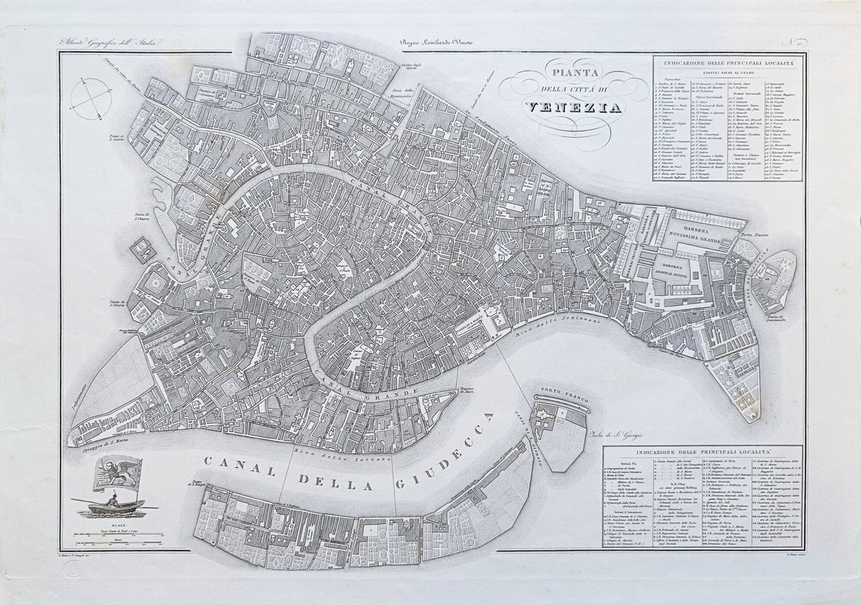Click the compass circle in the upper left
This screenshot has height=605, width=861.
tap(90, 97)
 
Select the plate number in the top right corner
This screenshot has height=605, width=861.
tap(794, 42)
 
